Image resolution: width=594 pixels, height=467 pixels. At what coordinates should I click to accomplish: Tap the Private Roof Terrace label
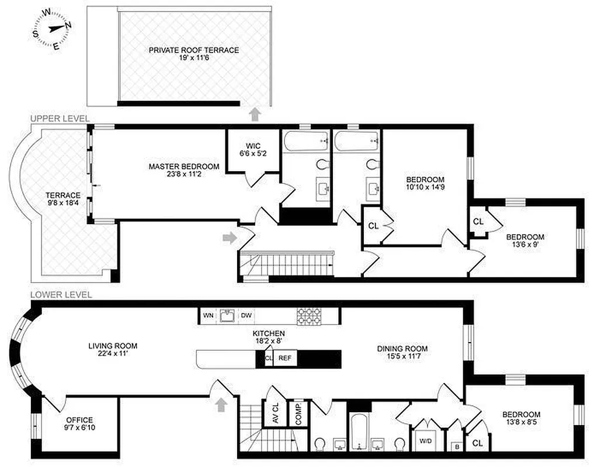click(193, 50)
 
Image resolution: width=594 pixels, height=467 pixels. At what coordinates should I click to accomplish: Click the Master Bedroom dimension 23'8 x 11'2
click(183, 174)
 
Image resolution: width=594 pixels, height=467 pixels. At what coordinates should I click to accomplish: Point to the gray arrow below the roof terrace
click(254, 114)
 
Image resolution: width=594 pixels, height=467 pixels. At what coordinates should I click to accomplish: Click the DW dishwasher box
click(246, 316)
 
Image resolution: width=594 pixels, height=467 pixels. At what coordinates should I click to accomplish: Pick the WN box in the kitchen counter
click(208, 316)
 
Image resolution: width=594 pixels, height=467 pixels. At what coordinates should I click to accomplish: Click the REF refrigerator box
click(284, 358)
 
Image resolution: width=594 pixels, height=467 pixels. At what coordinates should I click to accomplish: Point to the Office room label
click(79, 420)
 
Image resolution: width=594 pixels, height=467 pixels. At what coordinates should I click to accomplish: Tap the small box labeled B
click(455, 447)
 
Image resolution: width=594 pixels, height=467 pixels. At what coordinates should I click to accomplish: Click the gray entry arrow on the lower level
click(221, 405)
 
